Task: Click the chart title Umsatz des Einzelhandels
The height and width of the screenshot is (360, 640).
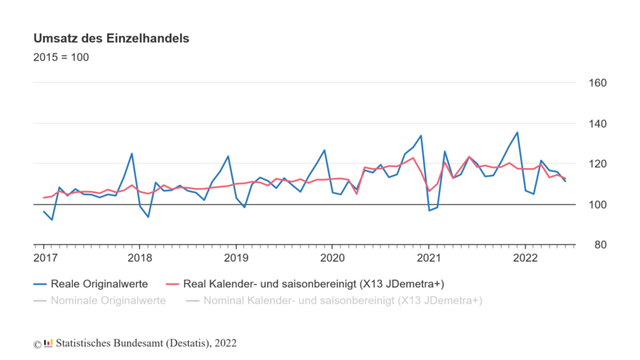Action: pos(110,38)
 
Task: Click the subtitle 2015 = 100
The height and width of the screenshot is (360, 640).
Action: pos(61,58)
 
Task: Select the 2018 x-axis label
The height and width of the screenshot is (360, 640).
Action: pos(140,258)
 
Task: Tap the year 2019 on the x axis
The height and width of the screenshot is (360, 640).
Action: pos(236,258)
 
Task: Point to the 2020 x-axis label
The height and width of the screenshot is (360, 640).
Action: pos(332,258)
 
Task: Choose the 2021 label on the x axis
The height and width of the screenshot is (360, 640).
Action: pos(429,258)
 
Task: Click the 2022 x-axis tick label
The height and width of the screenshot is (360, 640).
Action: pos(525,258)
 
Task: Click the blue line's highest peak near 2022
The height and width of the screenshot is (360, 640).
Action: pos(517,133)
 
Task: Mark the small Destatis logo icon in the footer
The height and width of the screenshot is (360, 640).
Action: pos(48,343)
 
